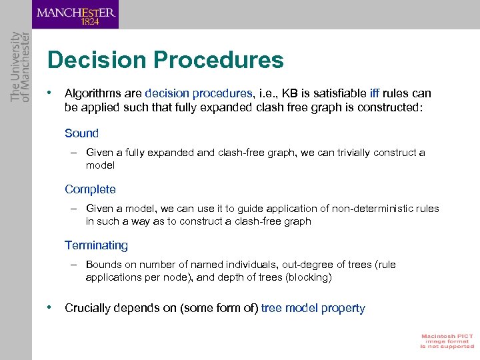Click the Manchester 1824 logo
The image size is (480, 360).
pos(76,14)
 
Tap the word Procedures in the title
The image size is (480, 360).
pos(219,61)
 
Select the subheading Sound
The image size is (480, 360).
pos(81,133)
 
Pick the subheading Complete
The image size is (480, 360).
pos(90,189)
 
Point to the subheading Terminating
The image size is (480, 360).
pos(96,245)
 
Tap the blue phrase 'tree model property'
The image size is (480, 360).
pos(313,308)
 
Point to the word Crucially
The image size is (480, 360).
pos(87,308)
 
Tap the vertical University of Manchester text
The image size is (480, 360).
pos(19,67)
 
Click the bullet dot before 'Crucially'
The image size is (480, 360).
pos(50,307)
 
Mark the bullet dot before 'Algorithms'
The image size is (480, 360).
pos(50,92)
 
